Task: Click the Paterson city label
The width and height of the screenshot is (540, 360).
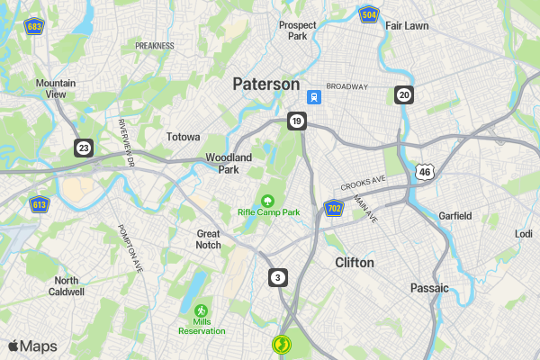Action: click(x=265, y=84)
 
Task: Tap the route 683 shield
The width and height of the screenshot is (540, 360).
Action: click(x=35, y=25)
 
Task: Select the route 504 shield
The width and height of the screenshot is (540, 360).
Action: click(x=367, y=15)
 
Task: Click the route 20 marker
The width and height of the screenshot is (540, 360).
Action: click(x=404, y=94)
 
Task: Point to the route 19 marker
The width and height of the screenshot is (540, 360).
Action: click(x=297, y=121)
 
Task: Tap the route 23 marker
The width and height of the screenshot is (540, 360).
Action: click(x=84, y=147)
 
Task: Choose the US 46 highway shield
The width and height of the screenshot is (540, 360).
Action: click(x=425, y=171)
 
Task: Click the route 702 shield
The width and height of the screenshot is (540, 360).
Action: click(x=334, y=209)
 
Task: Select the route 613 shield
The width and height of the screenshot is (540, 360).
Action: click(x=40, y=204)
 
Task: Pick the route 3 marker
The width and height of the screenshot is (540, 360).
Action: click(x=278, y=276)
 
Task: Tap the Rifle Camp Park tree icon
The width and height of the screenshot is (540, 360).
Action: click(x=267, y=200)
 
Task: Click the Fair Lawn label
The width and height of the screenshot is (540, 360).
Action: click(x=407, y=26)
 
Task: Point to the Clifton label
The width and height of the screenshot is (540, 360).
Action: click(x=354, y=263)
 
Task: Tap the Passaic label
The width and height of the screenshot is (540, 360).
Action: click(x=428, y=288)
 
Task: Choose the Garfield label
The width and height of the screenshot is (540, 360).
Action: click(x=454, y=216)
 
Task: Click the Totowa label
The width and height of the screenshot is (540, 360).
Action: click(x=184, y=138)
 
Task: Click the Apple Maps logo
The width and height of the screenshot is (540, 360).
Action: click(x=32, y=346)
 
